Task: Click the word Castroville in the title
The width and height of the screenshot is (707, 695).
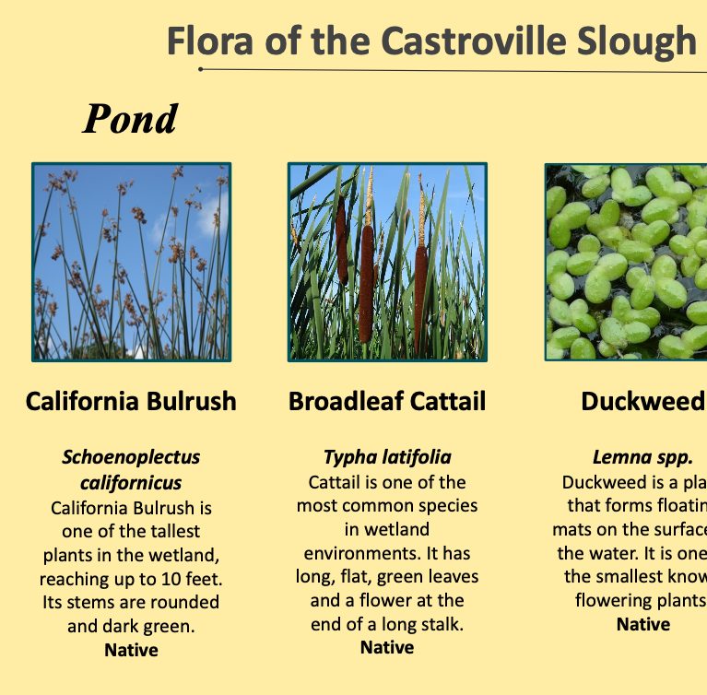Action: coord(461,41)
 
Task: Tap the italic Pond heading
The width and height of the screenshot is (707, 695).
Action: coord(130,119)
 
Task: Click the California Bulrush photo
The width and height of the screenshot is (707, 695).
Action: coord(131,263)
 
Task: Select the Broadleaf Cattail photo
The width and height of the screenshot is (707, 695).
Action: coord(387,263)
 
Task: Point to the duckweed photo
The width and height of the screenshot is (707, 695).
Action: coord(627,263)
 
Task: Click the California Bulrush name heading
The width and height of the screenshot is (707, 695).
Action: coord(131,402)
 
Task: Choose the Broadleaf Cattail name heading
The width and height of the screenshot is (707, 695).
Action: coord(387,402)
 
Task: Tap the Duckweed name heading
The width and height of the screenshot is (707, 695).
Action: coord(642,402)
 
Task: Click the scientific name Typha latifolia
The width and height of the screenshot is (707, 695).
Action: coord(387,457)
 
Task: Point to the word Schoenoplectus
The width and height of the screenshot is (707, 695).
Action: coord(131,457)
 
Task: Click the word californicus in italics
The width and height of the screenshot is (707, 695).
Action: coord(131,482)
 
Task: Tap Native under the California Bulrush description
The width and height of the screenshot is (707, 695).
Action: coord(131,650)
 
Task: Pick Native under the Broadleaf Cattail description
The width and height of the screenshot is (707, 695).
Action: coord(387,647)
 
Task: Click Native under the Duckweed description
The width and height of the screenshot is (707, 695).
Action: coord(642,624)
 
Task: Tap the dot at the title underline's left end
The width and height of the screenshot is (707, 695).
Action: coord(201,69)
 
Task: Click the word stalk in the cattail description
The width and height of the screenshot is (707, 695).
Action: coord(439,624)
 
